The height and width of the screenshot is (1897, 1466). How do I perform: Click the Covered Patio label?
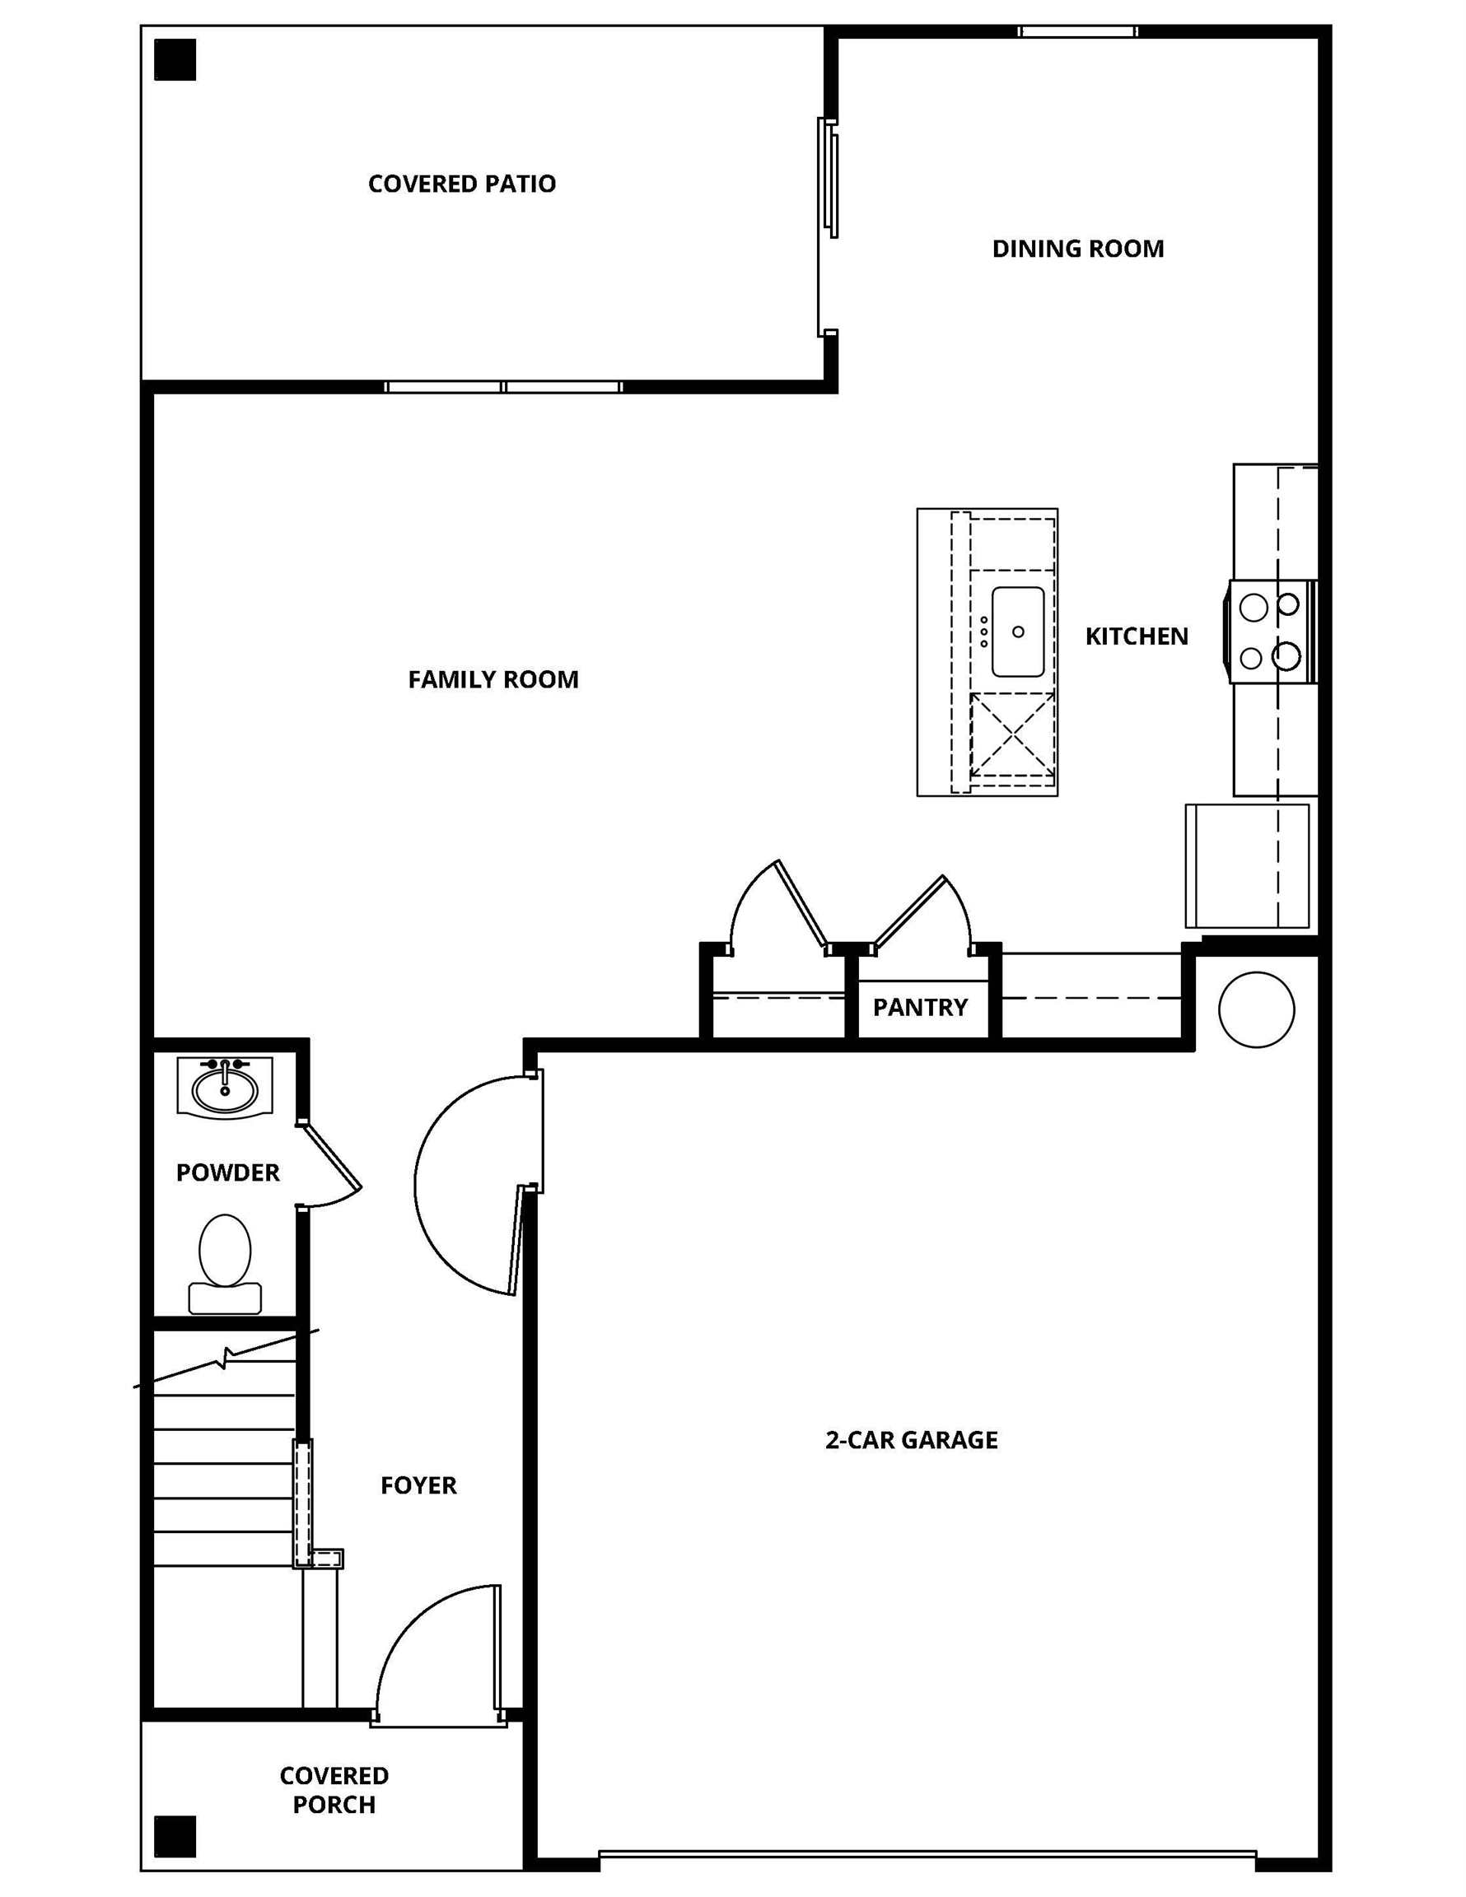[461, 184]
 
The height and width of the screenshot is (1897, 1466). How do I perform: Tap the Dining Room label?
[1077, 249]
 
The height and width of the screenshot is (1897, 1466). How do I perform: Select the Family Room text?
[493, 679]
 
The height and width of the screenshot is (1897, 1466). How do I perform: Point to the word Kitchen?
[1136, 636]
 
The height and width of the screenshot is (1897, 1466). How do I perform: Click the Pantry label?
[919, 1007]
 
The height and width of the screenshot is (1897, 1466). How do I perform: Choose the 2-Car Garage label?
[911, 1440]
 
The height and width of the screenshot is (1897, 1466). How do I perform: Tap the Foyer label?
[418, 1485]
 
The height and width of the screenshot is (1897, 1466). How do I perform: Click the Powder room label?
[227, 1172]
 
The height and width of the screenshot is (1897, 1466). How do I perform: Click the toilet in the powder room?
[225, 1261]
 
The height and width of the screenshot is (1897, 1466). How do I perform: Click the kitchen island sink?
[1018, 632]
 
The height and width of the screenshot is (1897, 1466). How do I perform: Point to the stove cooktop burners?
[1270, 632]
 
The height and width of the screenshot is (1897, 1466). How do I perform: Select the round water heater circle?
[1256, 1009]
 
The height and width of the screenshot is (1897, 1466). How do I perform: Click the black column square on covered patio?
[175, 60]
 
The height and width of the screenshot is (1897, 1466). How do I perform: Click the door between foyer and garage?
[469, 1186]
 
